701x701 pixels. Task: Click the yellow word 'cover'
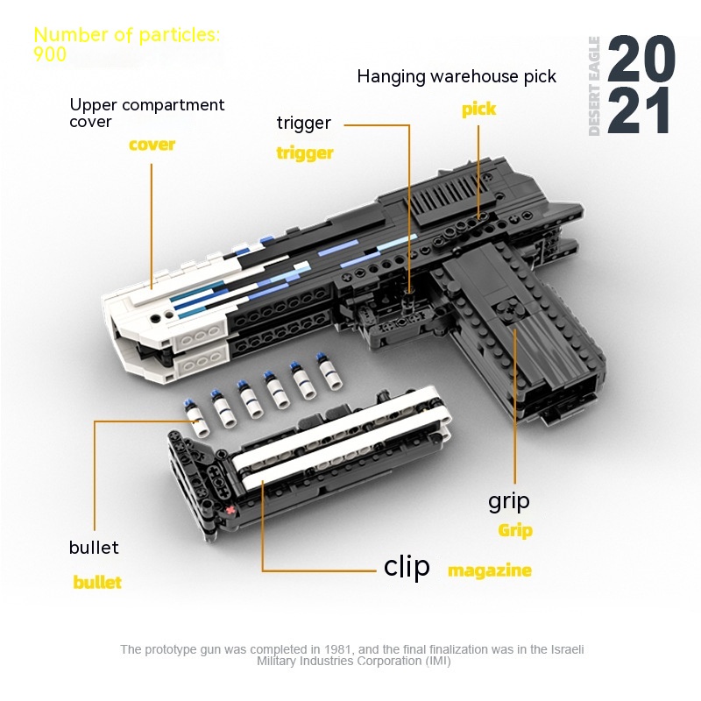click(152, 145)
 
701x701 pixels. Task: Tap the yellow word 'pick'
click(478, 109)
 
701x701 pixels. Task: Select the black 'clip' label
click(407, 566)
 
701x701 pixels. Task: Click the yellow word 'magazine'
click(490, 570)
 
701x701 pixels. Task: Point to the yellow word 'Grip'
click(515, 531)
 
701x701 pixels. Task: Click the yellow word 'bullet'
click(97, 582)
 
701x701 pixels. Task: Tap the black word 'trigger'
click(304, 123)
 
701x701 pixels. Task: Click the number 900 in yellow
click(50, 54)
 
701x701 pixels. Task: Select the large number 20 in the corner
click(641, 59)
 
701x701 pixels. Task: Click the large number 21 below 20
click(639, 110)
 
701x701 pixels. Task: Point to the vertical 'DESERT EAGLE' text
click(594, 86)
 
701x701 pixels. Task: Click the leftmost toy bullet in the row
click(196, 418)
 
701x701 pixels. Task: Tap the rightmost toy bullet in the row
click(329, 371)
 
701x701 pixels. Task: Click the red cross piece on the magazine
click(230, 510)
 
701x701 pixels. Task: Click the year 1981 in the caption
click(338, 649)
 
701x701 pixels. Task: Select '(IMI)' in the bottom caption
click(438, 661)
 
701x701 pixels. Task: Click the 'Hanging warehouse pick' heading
click(457, 76)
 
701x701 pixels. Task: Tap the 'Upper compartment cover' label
click(146, 113)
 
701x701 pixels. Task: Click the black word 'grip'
click(509, 502)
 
